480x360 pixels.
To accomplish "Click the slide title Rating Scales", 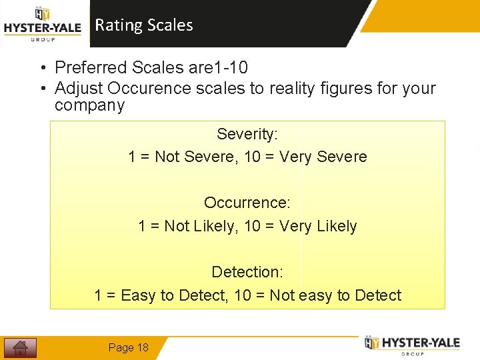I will tap(144, 25).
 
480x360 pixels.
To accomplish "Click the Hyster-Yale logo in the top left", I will tap(43, 24).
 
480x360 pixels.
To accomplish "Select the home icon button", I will tap(20, 347).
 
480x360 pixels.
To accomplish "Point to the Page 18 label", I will tap(128, 347).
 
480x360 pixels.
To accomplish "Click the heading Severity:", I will tap(247, 134).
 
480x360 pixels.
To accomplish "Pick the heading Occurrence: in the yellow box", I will tap(247, 203).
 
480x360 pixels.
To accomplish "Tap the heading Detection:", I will tap(247, 272).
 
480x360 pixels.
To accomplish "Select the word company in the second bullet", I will tap(89, 105).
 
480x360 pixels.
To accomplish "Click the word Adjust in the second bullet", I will tap(79, 88).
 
